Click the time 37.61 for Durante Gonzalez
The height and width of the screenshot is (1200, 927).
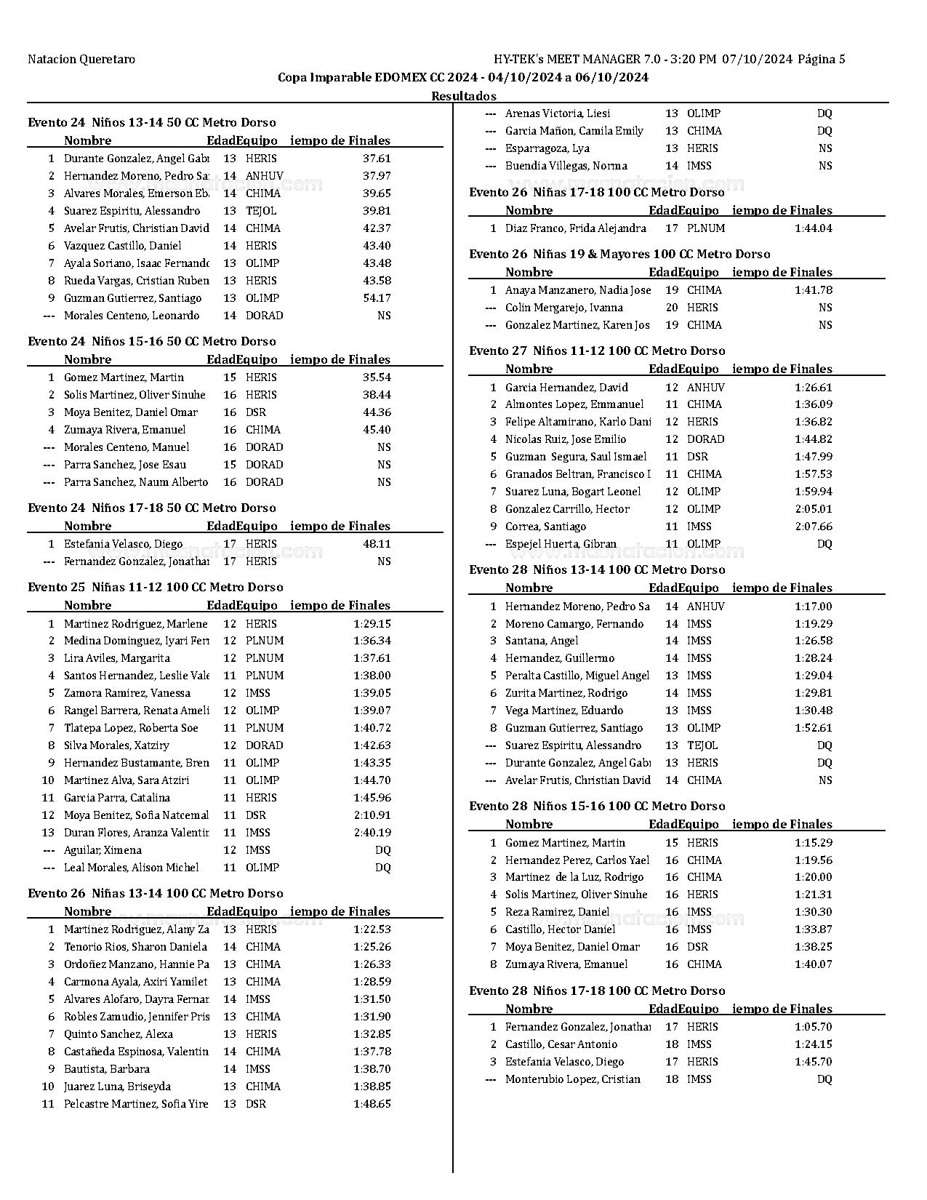(377, 159)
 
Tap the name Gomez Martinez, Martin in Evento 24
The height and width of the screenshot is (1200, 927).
(124, 377)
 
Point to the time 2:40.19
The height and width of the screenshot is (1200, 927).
(372, 833)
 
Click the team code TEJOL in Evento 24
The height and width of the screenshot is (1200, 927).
(261, 211)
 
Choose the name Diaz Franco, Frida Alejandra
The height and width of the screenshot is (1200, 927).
(575, 228)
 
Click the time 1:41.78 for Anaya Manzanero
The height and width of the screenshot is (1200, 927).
(814, 290)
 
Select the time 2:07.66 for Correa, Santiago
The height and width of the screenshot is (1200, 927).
(814, 527)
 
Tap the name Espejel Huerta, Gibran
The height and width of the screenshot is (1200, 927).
(561, 544)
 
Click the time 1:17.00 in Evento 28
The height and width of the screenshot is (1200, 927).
(814, 607)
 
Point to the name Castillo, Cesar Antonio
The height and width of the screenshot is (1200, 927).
(561, 1044)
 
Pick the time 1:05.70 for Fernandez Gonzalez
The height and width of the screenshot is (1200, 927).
(814, 1027)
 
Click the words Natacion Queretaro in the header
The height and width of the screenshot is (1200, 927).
(81, 60)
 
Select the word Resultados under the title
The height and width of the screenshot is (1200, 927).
(464, 96)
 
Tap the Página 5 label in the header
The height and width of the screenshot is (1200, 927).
(822, 60)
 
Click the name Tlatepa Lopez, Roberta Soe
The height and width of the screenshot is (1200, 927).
(131, 728)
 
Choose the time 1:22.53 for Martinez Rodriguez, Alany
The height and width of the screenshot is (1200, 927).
(372, 929)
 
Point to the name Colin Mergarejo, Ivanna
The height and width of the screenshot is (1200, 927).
(563, 308)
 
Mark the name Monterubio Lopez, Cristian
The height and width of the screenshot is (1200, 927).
(573, 1079)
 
